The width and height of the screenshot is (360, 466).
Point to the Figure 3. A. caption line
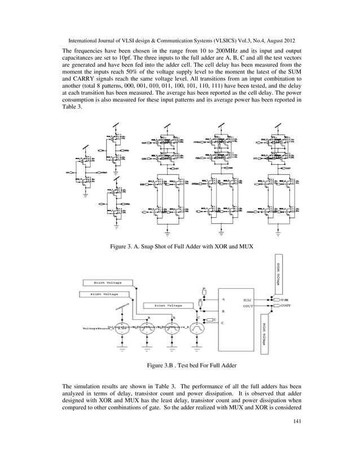pyautogui.click(x=179, y=246)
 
